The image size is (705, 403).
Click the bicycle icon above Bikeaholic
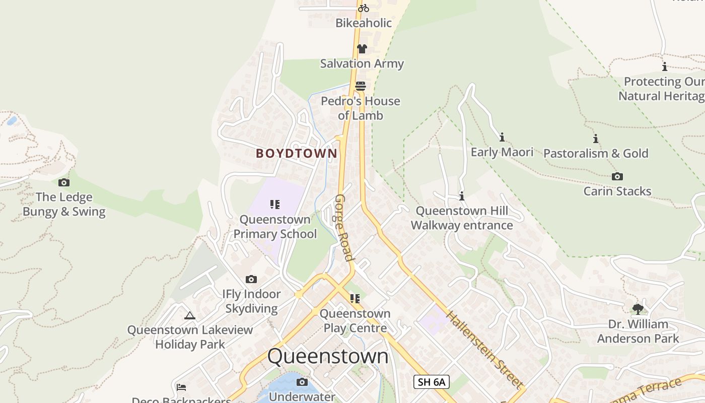point(363,8)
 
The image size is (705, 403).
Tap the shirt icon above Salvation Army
point(362,49)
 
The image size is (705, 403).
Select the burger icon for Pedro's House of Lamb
point(360,86)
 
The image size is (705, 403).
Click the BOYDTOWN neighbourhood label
point(297,154)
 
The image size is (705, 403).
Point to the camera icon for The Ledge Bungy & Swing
point(64,182)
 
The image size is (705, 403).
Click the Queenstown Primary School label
point(275,227)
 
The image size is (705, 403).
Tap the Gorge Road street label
point(344,228)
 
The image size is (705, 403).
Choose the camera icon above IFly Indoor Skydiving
point(251,279)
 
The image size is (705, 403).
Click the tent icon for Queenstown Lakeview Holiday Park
point(190,316)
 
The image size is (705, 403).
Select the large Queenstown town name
point(328,356)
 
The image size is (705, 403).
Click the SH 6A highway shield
point(431,382)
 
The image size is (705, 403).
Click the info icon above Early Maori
point(502,137)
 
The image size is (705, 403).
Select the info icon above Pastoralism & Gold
point(596,139)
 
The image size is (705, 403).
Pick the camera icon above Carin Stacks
point(617,176)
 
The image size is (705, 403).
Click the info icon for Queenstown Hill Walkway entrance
point(462,196)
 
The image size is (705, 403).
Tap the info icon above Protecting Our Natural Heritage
point(665,66)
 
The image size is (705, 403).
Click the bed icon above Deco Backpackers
point(181,387)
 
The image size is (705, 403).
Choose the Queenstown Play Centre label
point(355,321)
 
